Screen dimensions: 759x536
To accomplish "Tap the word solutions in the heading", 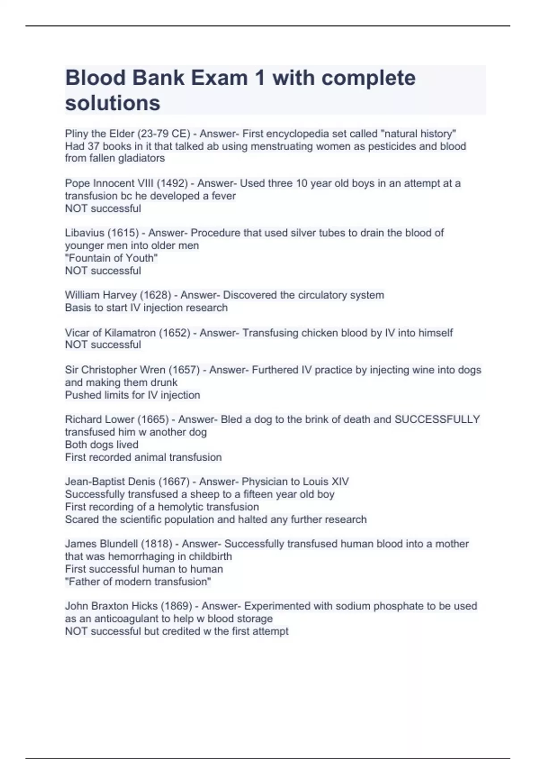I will [113, 103].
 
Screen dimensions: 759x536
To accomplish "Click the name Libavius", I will [84, 233].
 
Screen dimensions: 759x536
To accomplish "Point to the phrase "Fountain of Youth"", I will [111, 258].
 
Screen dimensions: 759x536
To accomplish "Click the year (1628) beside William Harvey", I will [156, 295].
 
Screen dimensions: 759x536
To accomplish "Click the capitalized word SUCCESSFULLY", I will [437, 420].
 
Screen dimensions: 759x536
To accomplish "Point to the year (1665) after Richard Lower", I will [153, 420].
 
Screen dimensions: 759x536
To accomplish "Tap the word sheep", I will [203, 494].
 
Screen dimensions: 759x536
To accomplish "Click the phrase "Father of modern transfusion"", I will [138, 582].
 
